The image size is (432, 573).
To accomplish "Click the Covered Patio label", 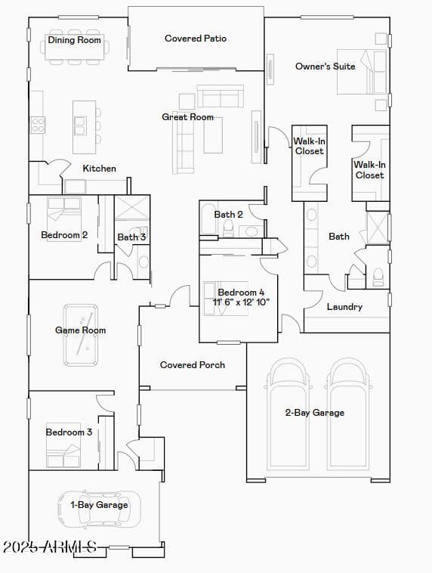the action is [196, 39].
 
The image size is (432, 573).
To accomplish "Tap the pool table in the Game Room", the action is [81, 335].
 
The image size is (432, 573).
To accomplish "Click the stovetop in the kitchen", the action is [38, 125].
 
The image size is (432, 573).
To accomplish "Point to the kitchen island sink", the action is [80, 125].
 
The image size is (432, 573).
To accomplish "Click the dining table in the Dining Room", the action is [75, 47].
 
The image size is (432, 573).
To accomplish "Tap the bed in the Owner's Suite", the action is [362, 72].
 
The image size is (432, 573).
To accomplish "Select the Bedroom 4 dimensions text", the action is [241, 302].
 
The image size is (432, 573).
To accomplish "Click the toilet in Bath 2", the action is [229, 228].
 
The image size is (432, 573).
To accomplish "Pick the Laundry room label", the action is [344, 307].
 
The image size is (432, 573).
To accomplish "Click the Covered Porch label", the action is [193, 365].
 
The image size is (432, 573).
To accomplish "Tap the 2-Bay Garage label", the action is [315, 413].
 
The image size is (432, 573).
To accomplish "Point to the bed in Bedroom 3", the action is [63, 451].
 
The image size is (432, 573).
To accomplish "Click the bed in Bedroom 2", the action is [64, 214].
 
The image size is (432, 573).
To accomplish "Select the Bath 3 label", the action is [131, 237].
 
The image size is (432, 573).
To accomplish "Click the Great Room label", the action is [188, 117].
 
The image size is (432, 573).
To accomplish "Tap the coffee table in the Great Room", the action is [213, 135].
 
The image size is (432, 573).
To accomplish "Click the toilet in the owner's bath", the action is [378, 277].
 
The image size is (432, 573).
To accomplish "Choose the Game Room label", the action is [80, 330].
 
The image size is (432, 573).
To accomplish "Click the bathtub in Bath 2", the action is [208, 218].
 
